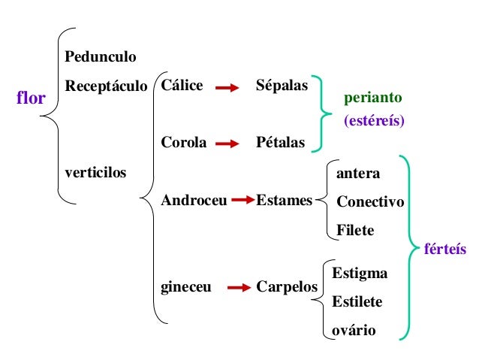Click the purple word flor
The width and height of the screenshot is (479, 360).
(32, 98)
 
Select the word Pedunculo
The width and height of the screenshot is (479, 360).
(101, 56)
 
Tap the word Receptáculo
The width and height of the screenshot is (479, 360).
(106, 86)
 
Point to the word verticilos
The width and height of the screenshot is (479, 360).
(95, 172)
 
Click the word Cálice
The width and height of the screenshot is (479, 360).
(182, 86)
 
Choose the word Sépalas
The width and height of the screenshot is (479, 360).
(282, 86)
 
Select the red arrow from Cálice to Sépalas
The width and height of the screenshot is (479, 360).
(227, 88)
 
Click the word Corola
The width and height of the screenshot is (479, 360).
(183, 142)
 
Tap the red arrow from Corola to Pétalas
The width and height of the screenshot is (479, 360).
(227, 143)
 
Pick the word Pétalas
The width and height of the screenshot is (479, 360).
(280, 142)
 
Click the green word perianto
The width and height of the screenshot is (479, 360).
(373, 98)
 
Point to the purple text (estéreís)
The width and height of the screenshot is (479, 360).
(374, 120)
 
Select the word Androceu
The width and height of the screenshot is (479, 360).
(194, 201)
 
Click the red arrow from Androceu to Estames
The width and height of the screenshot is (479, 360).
(243, 201)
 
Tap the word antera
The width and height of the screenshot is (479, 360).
(358, 174)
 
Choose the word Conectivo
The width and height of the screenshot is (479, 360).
(370, 202)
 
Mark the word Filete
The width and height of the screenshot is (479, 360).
(355, 230)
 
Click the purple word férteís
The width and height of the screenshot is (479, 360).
(445, 249)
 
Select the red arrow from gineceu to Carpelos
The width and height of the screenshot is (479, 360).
(238, 287)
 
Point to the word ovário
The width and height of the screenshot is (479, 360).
(354, 330)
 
